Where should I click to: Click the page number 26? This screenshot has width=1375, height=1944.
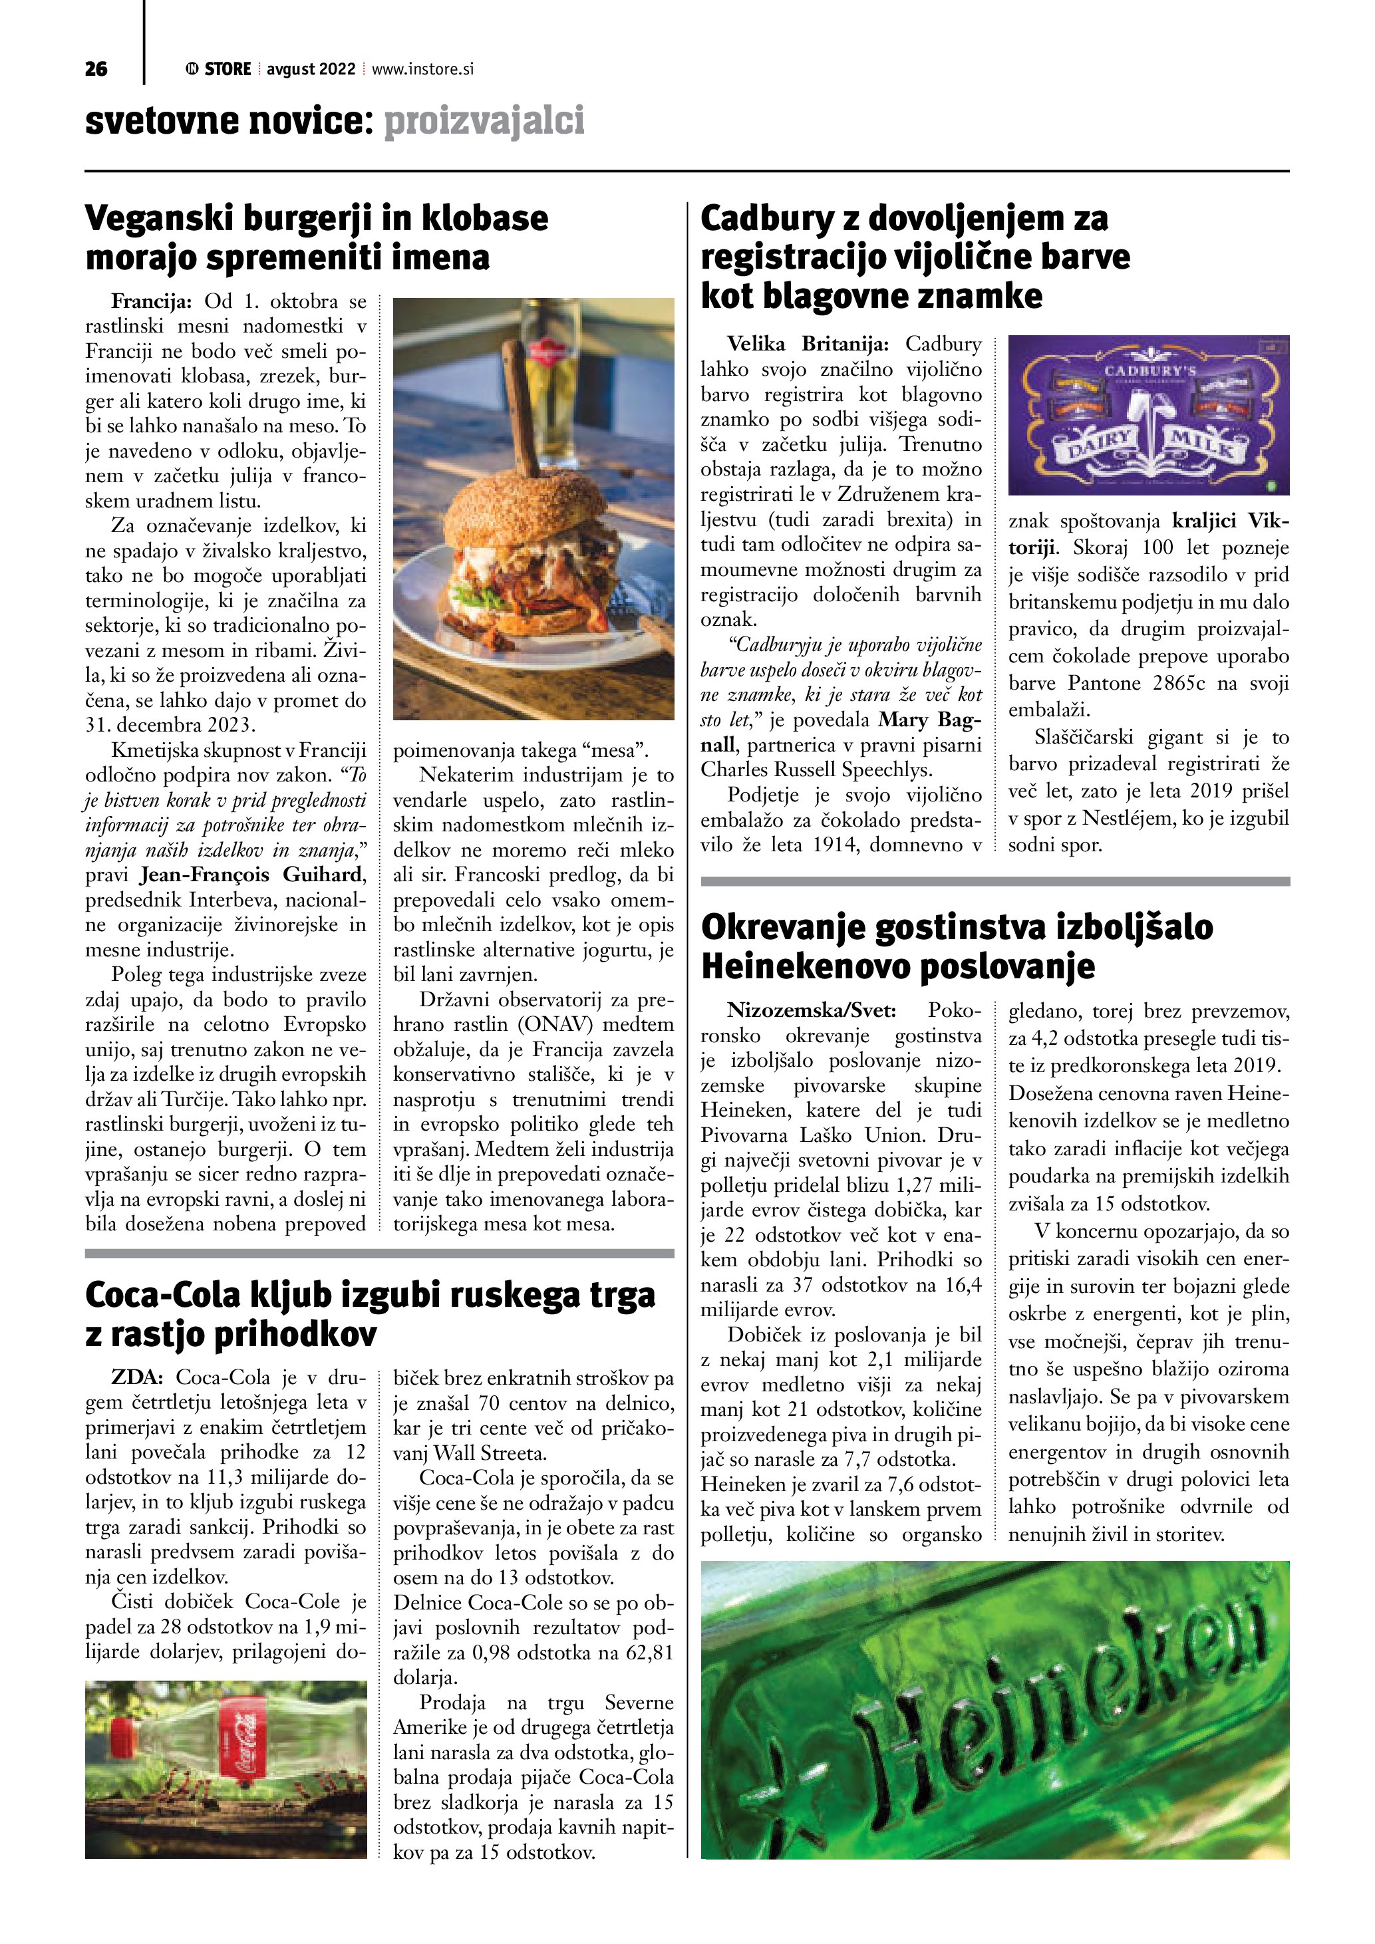(x=96, y=69)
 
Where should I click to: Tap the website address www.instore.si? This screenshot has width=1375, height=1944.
(x=422, y=69)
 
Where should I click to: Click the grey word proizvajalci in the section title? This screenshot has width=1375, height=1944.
(x=484, y=121)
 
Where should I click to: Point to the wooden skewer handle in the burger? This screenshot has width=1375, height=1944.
(x=520, y=406)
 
